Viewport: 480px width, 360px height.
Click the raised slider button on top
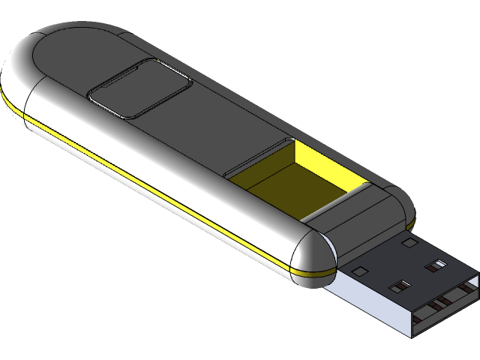click(139, 90)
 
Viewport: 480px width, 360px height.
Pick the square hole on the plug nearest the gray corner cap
click(409, 241)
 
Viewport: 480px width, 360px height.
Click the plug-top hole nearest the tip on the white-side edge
click(399, 285)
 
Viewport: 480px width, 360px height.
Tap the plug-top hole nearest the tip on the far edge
click(436, 264)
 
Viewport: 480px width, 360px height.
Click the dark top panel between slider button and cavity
click(217, 127)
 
